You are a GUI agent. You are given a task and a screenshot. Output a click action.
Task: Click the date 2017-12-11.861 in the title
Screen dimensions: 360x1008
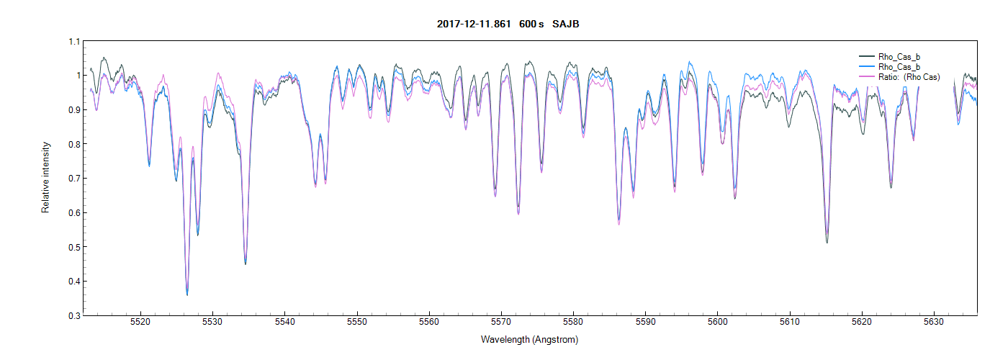474,24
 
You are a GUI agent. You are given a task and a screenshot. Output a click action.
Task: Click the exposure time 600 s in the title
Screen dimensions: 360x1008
531,24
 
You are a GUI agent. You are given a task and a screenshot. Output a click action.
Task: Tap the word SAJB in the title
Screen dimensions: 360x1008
566,24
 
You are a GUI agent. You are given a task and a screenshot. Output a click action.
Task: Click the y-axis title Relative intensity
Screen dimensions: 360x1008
45,178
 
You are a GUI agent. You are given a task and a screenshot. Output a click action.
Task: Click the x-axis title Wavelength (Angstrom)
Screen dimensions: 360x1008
530,339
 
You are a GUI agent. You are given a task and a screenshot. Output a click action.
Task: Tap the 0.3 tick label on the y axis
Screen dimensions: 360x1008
73,315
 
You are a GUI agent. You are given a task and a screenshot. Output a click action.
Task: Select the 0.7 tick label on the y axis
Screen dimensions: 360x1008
73,179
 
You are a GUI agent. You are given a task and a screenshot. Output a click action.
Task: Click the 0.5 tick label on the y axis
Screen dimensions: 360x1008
73,247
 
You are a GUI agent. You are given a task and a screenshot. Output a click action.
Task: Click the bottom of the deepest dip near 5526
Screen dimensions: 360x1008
187,294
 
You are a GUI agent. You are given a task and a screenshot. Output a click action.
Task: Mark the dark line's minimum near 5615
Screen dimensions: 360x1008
827,242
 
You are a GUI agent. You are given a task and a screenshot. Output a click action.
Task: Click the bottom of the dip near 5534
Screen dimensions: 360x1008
246,264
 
